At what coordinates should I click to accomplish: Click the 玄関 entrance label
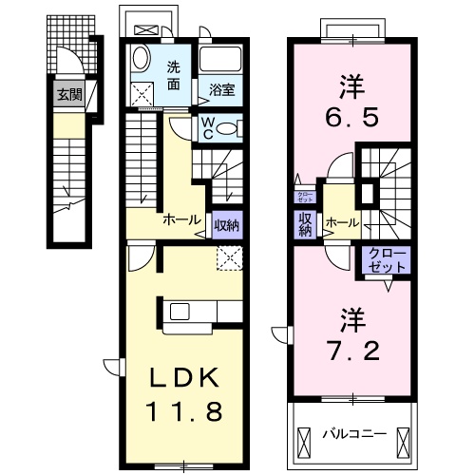pos(67,94)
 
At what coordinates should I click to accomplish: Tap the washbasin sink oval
pos(139,59)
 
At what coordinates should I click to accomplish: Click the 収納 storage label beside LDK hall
pos(225,225)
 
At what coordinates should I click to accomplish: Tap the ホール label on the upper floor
pos(342,223)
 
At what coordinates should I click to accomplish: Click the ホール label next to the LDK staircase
pos(181,219)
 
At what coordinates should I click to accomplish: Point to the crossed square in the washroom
pos(145,94)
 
